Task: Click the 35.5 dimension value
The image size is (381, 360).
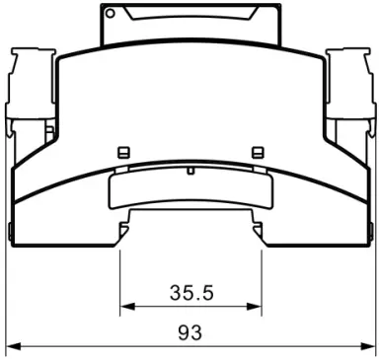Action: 191,293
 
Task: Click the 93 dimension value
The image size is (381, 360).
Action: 190,332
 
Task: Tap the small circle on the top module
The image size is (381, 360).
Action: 111,13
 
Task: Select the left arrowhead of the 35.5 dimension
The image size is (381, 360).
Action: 127,307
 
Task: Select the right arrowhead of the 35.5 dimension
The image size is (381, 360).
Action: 254,307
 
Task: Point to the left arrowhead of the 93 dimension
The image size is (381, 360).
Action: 14,346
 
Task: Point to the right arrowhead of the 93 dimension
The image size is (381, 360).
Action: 368,346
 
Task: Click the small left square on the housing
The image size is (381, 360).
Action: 123,152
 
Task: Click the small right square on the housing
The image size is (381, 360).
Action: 258,152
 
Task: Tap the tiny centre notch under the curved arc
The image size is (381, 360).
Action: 190,171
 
